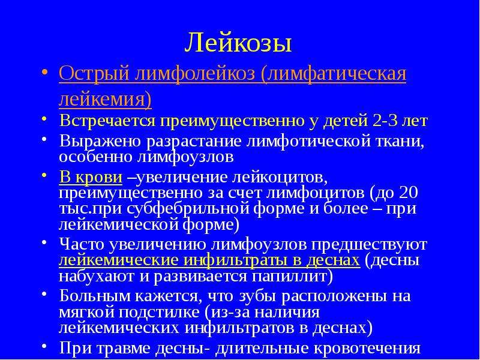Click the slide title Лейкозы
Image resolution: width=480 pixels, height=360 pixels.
click(x=238, y=42)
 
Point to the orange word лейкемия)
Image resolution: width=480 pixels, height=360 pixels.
click(x=105, y=100)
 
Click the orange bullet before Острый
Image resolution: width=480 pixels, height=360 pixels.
click(x=44, y=73)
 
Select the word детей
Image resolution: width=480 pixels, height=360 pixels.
click(x=346, y=122)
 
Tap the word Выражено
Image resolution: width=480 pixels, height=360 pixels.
click(x=100, y=142)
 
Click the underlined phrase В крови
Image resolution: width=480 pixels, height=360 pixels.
click(x=91, y=177)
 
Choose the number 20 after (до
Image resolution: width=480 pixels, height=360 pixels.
click(x=409, y=193)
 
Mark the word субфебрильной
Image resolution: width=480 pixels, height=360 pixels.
click(x=190, y=209)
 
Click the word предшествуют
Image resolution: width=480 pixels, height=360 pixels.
click(x=369, y=245)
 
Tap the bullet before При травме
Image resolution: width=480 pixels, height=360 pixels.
click(x=44, y=346)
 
